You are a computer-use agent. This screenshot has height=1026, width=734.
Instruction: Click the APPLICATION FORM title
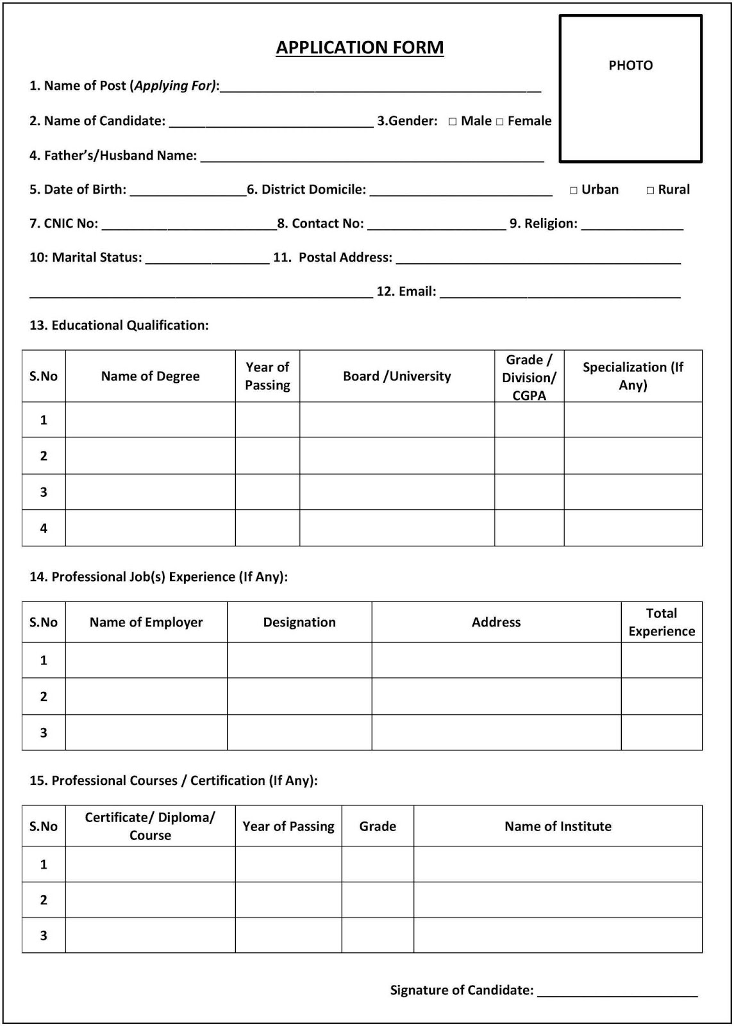coord(360,47)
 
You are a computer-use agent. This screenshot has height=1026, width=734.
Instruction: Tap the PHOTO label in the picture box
coord(630,65)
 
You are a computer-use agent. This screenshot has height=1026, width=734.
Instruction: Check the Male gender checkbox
coord(453,122)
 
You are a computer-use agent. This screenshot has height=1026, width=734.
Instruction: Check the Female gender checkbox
coord(500,122)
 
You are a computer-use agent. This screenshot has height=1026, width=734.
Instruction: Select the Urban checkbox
coord(574,190)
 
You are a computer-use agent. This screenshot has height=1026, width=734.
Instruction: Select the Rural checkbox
coord(650,190)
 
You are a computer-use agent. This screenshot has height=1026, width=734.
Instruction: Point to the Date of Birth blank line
coord(188,192)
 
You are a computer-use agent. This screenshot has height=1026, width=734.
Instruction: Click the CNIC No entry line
coord(189,226)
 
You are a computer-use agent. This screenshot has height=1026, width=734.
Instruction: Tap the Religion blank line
coord(632,226)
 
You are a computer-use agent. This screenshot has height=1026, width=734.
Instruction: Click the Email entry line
coord(560,295)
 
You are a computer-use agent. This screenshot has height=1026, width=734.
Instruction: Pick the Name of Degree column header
coord(150,376)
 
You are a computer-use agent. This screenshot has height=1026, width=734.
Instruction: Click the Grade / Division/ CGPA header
coord(529,377)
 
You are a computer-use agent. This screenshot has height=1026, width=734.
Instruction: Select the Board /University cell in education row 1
coord(397,420)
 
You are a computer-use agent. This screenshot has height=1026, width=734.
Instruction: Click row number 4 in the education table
coord(44,528)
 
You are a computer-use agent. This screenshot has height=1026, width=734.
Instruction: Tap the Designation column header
coord(299,622)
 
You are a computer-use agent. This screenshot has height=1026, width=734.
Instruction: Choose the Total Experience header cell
coord(662,622)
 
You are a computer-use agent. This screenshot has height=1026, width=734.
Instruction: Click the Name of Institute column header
coord(558,826)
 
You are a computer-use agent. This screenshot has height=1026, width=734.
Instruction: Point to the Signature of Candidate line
coord(617,993)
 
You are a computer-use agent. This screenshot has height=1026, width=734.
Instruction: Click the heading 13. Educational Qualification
coord(119,325)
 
